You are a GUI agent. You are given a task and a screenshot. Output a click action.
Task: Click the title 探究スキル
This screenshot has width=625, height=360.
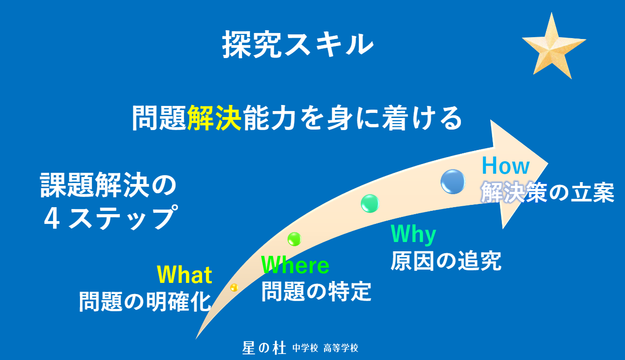(298, 45)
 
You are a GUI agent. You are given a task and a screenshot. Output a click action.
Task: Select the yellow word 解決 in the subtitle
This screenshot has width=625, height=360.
(214, 118)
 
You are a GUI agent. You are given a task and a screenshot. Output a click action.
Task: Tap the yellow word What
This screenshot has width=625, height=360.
(184, 275)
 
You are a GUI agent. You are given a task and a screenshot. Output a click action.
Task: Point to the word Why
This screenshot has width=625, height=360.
(413, 235)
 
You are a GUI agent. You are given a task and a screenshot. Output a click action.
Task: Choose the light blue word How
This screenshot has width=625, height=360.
(506, 166)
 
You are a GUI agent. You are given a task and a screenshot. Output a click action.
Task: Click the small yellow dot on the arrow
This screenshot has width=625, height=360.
(234, 287)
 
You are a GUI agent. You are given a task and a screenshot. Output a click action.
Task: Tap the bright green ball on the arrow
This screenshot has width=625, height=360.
(294, 239)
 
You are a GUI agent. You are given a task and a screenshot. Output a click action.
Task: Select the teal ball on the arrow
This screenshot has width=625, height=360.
(370, 203)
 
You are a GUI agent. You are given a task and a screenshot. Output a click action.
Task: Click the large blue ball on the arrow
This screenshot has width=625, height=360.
(453, 182)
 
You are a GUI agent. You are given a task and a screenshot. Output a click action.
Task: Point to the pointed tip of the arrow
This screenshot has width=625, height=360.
(548, 164)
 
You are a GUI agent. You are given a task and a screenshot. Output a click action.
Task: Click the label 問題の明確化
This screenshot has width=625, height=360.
(145, 301)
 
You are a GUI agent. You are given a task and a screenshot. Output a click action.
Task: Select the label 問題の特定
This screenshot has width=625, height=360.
(316, 291)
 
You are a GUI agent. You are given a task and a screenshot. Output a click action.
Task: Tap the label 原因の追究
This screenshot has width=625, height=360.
(446, 261)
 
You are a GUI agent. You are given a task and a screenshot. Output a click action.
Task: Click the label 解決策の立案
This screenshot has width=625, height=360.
(547, 192)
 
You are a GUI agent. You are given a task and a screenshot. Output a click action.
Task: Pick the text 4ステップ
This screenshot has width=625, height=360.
(111, 217)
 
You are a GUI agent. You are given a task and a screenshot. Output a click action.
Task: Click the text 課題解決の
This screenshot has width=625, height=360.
(108, 185)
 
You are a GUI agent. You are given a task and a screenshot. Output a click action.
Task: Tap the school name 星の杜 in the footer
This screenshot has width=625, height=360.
(264, 348)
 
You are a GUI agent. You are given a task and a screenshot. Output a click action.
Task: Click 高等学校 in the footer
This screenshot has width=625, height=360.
(341, 348)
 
